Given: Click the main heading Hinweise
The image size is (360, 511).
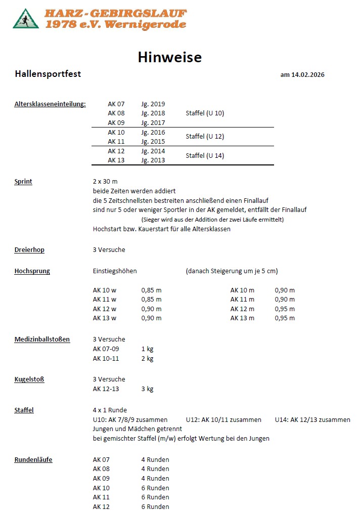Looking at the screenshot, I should [x=169, y=57].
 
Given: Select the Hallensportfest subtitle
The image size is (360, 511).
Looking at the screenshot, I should [x=48, y=74].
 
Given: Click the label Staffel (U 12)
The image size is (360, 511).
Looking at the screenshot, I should [x=205, y=137].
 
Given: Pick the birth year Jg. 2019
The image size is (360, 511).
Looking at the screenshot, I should [x=153, y=104].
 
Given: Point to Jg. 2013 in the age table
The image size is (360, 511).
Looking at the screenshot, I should [x=153, y=160].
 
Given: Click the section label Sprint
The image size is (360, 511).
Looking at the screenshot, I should [x=23, y=182].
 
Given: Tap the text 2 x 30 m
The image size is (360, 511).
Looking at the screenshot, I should [x=105, y=182].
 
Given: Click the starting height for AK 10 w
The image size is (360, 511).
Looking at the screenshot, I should [x=151, y=290].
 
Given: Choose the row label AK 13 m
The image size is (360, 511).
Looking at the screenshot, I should [x=242, y=318].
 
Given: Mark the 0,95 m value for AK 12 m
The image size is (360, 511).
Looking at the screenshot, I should [x=285, y=309].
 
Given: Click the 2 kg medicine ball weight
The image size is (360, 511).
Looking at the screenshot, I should [x=147, y=359].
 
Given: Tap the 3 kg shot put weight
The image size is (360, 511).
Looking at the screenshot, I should [x=147, y=389].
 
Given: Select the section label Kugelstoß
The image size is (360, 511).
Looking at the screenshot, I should [x=29, y=379].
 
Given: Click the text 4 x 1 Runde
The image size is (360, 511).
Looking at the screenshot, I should [x=110, y=410].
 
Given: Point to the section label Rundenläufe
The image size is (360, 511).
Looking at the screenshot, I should [x=33, y=460].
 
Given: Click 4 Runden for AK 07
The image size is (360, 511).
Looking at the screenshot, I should [x=155, y=460].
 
